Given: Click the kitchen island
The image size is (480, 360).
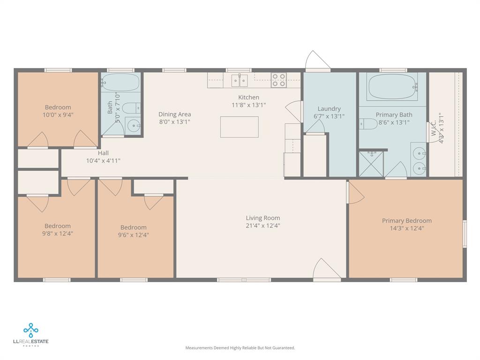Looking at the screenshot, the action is tap(240, 127).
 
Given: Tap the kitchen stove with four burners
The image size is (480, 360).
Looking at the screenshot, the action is tap(278, 80).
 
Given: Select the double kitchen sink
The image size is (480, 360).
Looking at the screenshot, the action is tap(240, 81).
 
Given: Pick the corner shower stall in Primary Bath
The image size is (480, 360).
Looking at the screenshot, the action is tap(371, 164).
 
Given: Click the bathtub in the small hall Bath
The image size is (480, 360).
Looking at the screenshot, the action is tap(120, 82).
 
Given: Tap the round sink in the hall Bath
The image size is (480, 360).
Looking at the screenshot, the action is tap(134, 126).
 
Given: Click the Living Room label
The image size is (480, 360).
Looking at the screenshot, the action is tap(263, 218).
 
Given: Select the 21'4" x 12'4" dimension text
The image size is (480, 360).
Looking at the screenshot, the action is tap(263, 225).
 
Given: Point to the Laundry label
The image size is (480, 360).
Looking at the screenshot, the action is tap(329, 109).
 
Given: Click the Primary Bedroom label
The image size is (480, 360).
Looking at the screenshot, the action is tap(407, 220).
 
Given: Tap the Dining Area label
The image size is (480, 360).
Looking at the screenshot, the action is tap(174, 114).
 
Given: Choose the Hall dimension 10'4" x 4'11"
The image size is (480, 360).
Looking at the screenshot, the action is tap(103, 160).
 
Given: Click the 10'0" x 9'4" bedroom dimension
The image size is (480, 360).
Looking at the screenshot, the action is tap(58, 115).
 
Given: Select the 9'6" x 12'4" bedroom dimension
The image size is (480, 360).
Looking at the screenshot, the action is tap(134, 235).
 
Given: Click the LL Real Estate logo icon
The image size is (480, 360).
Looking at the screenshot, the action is tap(30, 330).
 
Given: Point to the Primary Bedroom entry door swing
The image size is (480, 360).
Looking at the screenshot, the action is tap(355, 192).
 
